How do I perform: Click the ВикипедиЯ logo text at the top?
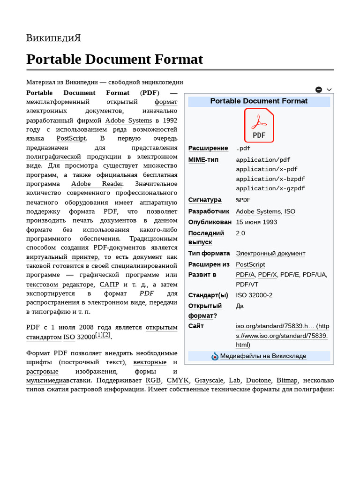pos(53,38)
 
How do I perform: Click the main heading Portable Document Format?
pos(114,60)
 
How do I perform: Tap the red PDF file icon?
pos(259,125)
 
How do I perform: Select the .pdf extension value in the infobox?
pos(244,149)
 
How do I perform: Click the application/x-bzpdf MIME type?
pos(270,179)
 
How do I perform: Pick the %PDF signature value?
pos(243,200)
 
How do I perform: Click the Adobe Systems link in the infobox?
pos(258,211)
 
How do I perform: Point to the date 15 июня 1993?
pos(256,222)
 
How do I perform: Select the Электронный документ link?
pos(270,254)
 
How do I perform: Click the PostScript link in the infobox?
pos(250,264)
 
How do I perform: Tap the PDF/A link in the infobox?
pos(245,275)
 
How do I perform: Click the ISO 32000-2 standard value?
pos(254,295)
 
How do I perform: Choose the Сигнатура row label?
pos(205,200)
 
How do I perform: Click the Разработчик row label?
pos(209,211)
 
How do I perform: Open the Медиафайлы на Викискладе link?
pos(263,356)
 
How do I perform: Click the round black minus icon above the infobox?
pos(319,90)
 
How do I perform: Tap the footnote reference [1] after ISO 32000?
pos(99,335)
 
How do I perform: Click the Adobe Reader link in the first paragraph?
pos(97,184)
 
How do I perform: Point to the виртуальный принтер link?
pos(62,257)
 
